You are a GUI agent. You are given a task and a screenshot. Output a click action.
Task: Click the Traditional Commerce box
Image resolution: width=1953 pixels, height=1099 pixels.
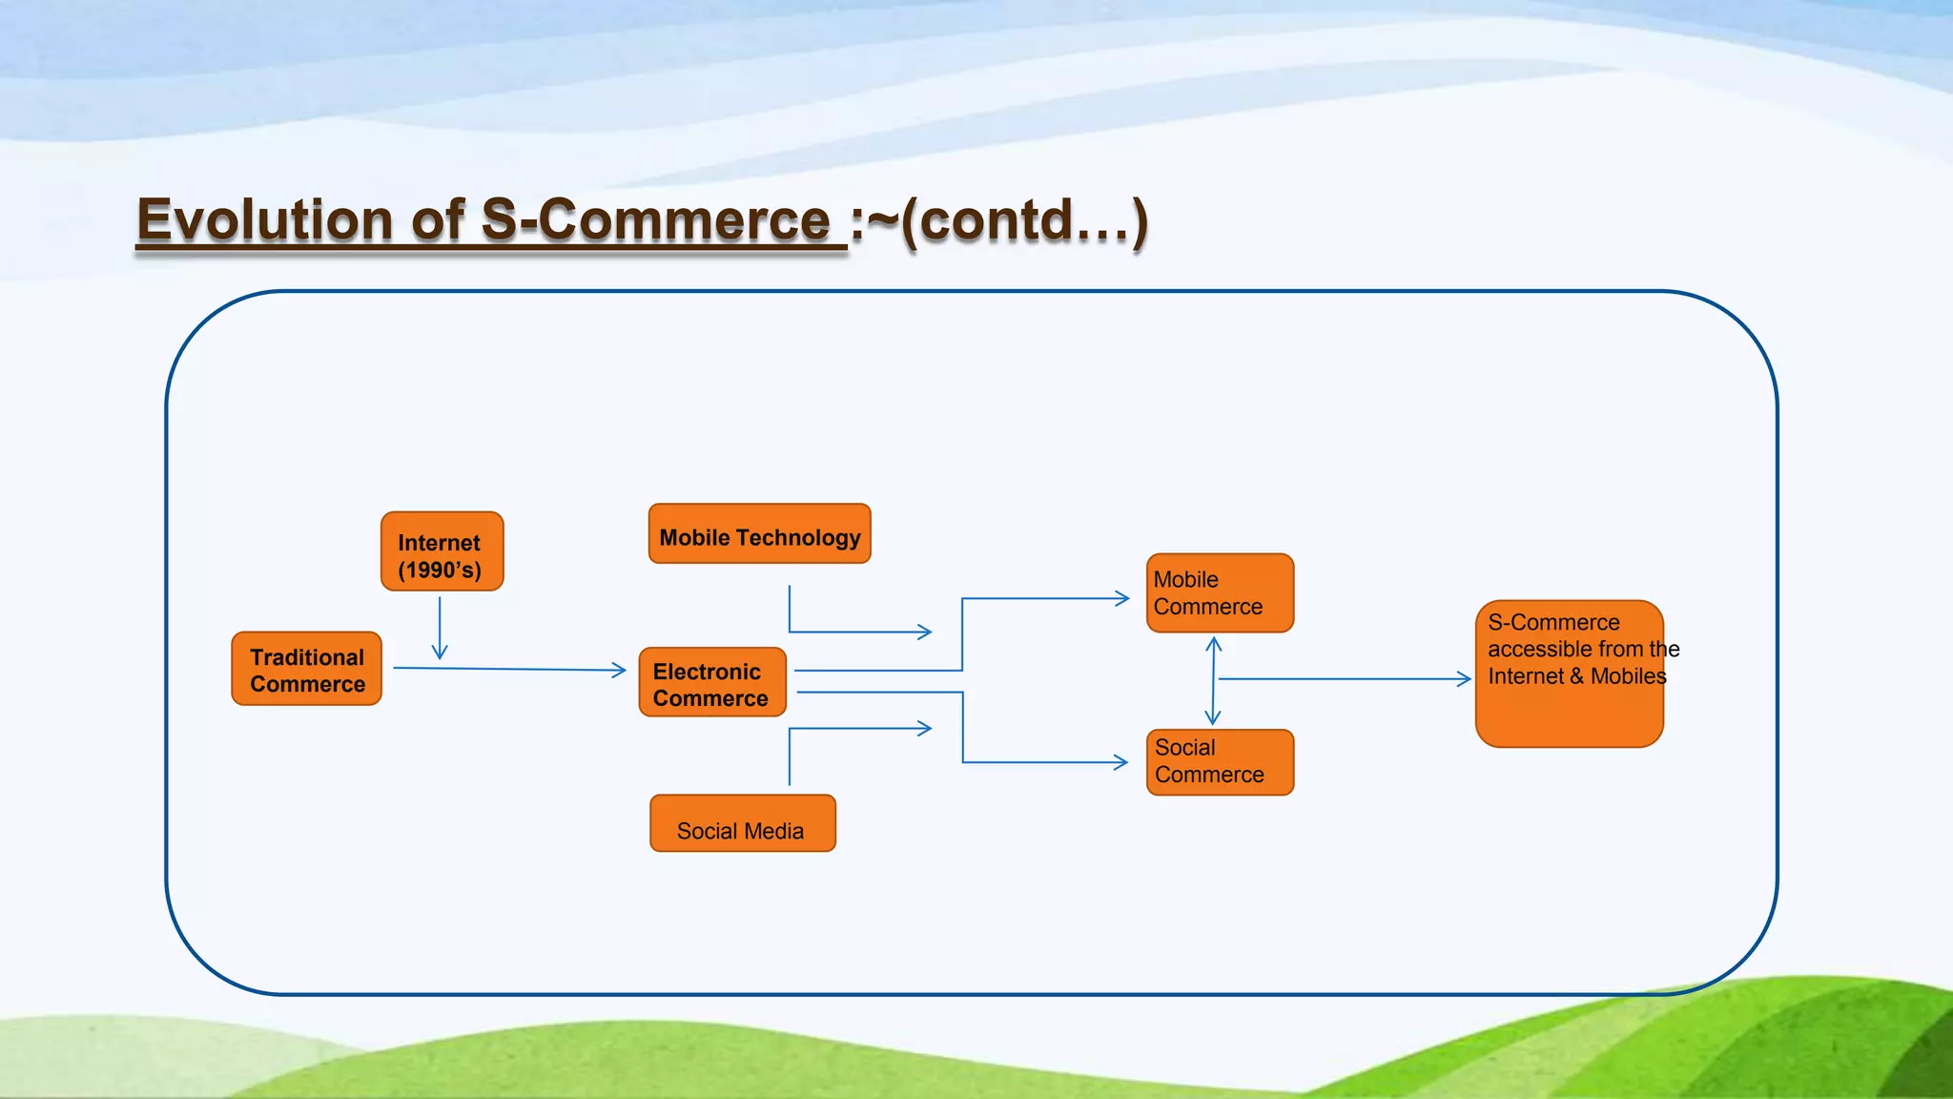[x=306, y=669]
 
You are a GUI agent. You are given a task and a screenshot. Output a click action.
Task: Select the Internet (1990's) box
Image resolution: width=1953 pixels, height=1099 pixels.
[x=442, y=551]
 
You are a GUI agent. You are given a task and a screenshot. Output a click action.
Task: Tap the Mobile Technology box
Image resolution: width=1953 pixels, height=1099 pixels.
[x=759, y=534]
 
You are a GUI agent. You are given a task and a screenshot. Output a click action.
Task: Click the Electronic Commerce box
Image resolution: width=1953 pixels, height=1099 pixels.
[x=712, y=682]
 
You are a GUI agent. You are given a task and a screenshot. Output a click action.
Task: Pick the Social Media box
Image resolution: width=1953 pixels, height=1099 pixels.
[x=742, y=823]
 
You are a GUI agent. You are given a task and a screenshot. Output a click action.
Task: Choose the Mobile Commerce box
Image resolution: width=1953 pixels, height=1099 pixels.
[x=1220, y=592]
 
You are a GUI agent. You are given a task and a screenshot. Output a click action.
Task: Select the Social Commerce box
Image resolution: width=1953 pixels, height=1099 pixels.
[x=1220, y=762]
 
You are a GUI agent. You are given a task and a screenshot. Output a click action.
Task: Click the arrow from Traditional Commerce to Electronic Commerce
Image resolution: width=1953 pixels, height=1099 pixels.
[x=509, y=669]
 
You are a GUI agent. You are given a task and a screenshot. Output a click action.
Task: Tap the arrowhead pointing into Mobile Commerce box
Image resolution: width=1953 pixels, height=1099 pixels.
[x=1121, y=598]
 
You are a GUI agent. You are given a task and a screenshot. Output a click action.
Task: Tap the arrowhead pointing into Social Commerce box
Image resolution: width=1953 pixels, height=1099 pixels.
[x=1120, y=762]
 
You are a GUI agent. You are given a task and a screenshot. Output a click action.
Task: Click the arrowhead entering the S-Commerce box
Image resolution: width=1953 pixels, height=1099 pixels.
[x=1464, y=679]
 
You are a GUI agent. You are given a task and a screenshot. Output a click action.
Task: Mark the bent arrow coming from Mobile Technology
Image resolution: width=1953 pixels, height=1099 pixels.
[x=839, y=632]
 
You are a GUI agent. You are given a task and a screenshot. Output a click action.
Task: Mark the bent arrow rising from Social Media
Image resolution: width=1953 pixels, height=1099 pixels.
[x=839, y=729]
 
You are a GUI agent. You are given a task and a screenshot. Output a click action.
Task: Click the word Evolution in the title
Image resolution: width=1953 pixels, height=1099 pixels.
[x=264, y=220]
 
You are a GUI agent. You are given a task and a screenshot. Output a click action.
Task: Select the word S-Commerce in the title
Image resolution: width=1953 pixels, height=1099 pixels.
[x=655, y=220]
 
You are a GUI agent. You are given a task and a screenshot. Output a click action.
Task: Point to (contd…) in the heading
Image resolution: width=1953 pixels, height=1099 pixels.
[x=1024, y=220]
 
